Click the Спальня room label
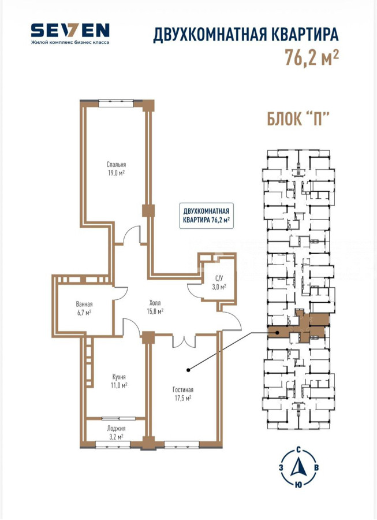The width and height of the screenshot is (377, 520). (116, 164)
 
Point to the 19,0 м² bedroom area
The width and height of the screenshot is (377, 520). (116, 173)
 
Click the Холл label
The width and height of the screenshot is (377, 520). (155, 302)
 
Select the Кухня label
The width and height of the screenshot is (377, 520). (120, 376)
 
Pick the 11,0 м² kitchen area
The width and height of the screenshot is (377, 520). (120, 385)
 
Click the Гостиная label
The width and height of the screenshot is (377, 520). (183, 389)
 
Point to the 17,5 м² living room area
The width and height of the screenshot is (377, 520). (183, 398)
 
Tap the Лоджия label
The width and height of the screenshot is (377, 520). (116, 428)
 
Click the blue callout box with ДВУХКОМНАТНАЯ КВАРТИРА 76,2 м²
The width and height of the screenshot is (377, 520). (206, 216)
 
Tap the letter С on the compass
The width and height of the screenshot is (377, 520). (298, 450)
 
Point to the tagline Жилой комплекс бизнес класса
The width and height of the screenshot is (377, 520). (70, 42)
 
